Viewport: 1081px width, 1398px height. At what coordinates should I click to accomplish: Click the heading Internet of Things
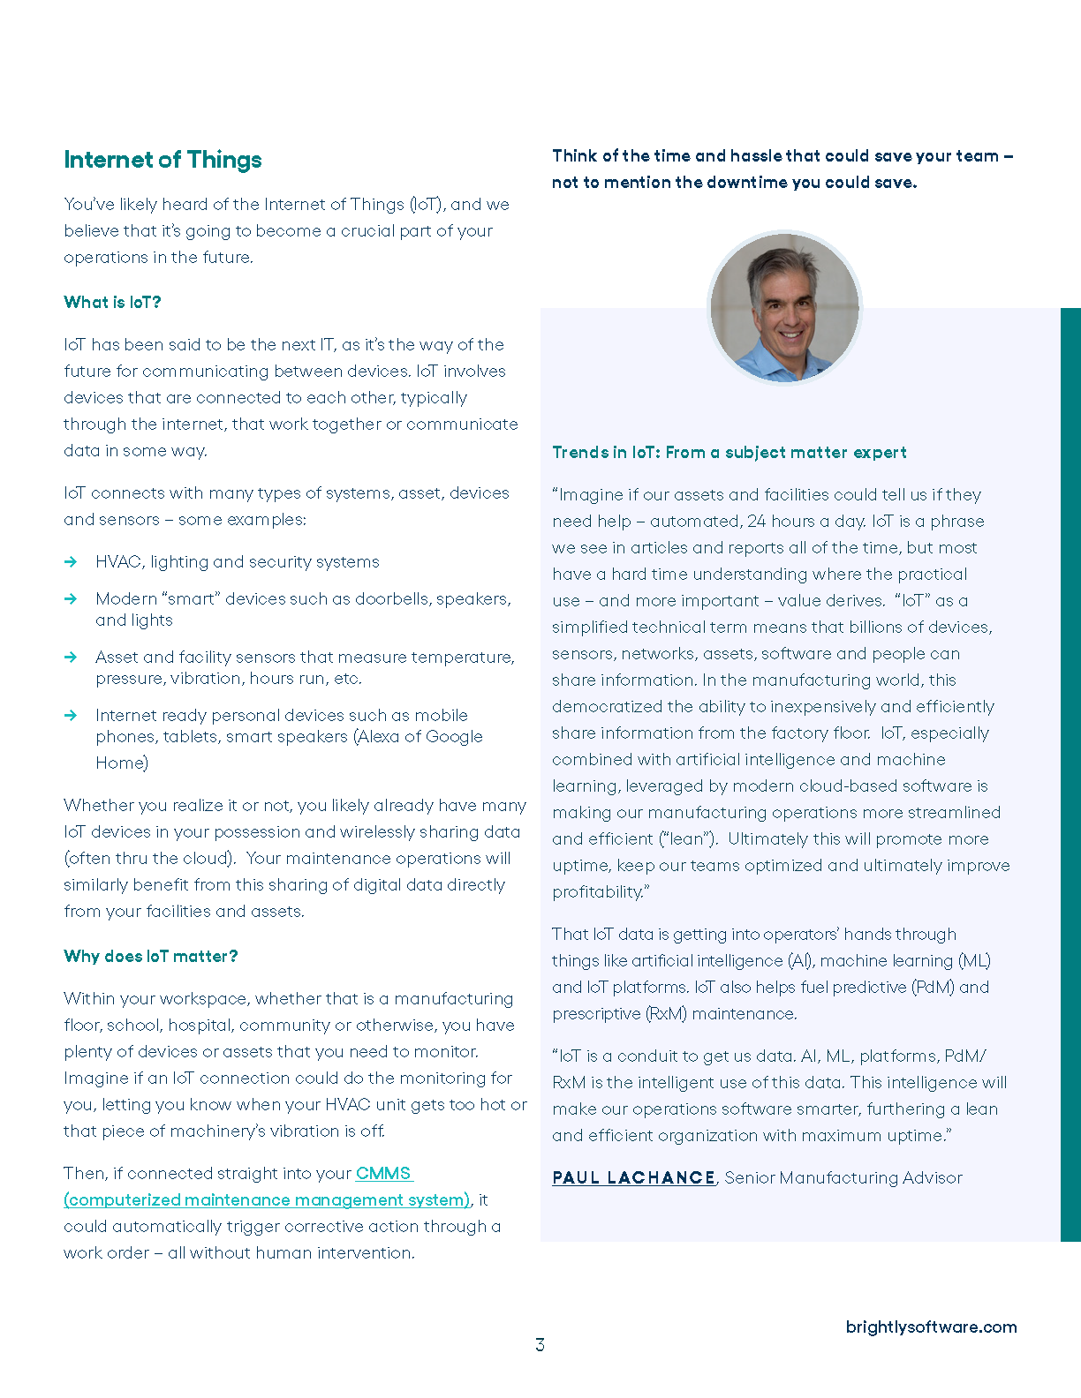(163, 160)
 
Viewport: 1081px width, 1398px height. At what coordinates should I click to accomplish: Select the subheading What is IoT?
(112, 303)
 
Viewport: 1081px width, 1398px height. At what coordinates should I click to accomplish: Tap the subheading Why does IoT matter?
(150, 957)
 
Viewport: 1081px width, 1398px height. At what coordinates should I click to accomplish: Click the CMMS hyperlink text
(383, 1174)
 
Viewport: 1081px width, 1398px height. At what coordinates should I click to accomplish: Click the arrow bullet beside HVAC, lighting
(71, 562)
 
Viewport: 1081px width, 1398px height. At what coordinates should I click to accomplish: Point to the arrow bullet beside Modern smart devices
(71, 599)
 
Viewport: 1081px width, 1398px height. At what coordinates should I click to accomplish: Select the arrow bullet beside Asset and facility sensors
(71, 658)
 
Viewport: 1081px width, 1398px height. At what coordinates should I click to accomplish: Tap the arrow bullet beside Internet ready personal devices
(71, 716)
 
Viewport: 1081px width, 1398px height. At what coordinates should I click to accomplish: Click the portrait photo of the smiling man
(784, 307)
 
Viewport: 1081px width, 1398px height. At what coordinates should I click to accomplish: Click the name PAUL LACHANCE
(633, 1178)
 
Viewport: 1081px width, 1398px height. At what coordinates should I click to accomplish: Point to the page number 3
(540, 1345)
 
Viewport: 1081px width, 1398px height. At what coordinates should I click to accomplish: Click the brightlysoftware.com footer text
(931, 1327)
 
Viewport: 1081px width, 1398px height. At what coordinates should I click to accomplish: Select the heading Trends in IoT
(729, 453)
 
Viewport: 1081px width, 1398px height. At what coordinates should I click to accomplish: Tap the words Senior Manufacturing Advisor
(843, 1178)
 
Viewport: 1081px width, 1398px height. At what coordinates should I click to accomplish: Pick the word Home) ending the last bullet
(122, 763)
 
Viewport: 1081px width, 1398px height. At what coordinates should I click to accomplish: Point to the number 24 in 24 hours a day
(757, 522)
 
